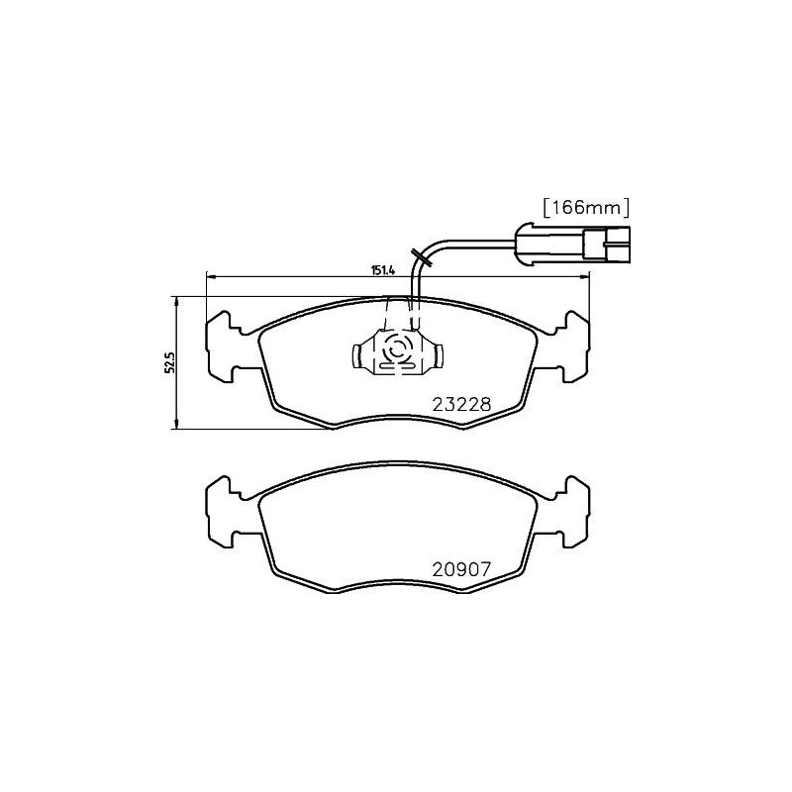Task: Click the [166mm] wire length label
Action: tap(585, 207)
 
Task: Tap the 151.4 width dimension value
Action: tap(384, 268)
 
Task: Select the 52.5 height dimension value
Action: tap(169, 362)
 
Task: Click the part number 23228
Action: tap(461, 404)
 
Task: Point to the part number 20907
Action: tap(461, 569)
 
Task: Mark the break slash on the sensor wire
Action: tap(427, 263)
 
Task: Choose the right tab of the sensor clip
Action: tap(438, 352)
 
